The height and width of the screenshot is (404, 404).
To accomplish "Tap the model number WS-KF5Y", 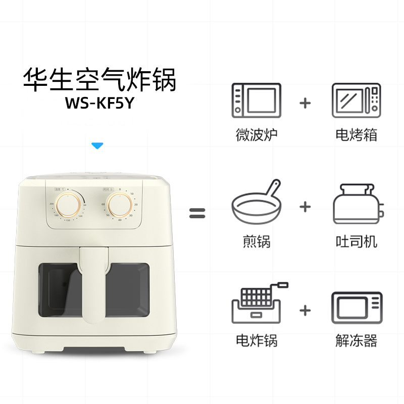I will click(x=100, y=102).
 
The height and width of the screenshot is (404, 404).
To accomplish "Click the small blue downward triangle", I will click(x=97, y=146).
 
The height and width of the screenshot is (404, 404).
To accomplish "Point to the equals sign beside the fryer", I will click(x=198, y=213).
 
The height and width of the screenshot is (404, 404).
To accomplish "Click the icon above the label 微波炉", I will click(x=256, y=100).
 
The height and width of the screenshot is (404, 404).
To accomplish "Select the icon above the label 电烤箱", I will click(x=356, y=100).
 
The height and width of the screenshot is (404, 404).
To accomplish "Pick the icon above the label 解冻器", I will click(x=356, y=307).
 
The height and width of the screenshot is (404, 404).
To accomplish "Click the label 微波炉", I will click(x=257, y=135).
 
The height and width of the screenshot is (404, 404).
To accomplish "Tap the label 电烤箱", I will click(x=356, y=135).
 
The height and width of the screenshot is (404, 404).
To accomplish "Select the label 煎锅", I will click(x=257, y=241).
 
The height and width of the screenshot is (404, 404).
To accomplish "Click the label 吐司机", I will click(x=356, y=241).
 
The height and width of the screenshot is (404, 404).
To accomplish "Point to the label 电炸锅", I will click(x=257, y=341).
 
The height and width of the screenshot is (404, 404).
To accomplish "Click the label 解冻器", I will click(x=356, y=341).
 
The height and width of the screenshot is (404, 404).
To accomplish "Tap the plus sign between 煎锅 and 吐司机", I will click(x=305, y=207).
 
